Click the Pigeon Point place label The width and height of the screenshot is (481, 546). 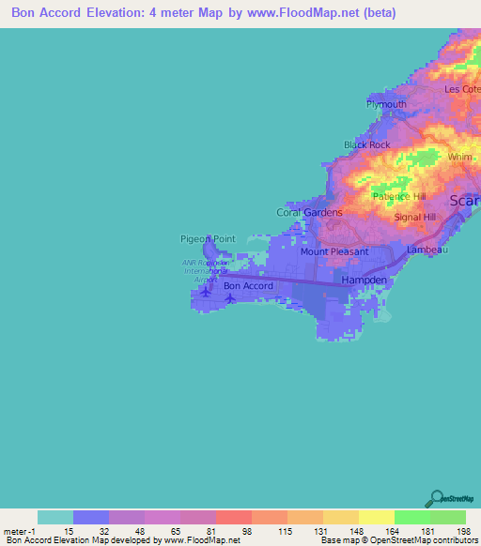pyautogui.click(x=208, y=239)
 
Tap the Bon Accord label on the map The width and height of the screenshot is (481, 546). pyautogui.click(x=248, y=286)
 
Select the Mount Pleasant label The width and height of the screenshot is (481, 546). pyautogui.click(x=334, y=252)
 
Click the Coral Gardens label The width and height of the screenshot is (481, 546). pyautogui.click(x=309, y=212)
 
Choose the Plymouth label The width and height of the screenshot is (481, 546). pyautogui.click(x=386, y=104)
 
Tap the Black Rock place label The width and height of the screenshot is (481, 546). pyautogui.click(x=366, y=144)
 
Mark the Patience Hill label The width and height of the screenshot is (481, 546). pyautogui.click(x=397, y=197)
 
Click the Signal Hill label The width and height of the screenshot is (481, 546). pyautogui.click(x=414, y=217)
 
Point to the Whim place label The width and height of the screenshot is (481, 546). pyautogui.click(x=459, y=158)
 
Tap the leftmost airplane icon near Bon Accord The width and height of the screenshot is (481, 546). pyautogui.click(x=206, y=292)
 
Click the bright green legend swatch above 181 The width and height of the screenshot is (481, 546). pyautogui.click(x=412, y=517)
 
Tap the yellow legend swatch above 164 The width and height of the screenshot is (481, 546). pyautogui.click(x=377, y=517)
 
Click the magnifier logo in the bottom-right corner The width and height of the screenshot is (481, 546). pyautogui.click(x=436, y=498)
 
